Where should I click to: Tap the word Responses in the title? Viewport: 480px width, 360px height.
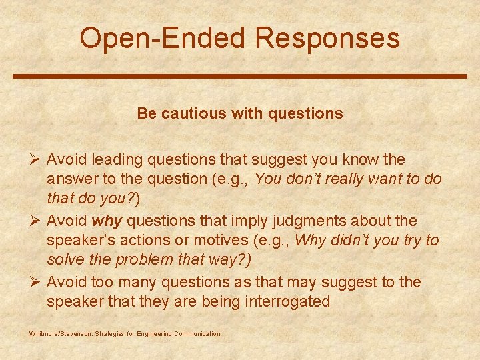[x=327, y=38]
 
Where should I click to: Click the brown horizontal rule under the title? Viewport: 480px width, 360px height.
[x=240, y=76]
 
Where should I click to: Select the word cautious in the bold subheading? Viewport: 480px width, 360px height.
[x=200, y=113]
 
